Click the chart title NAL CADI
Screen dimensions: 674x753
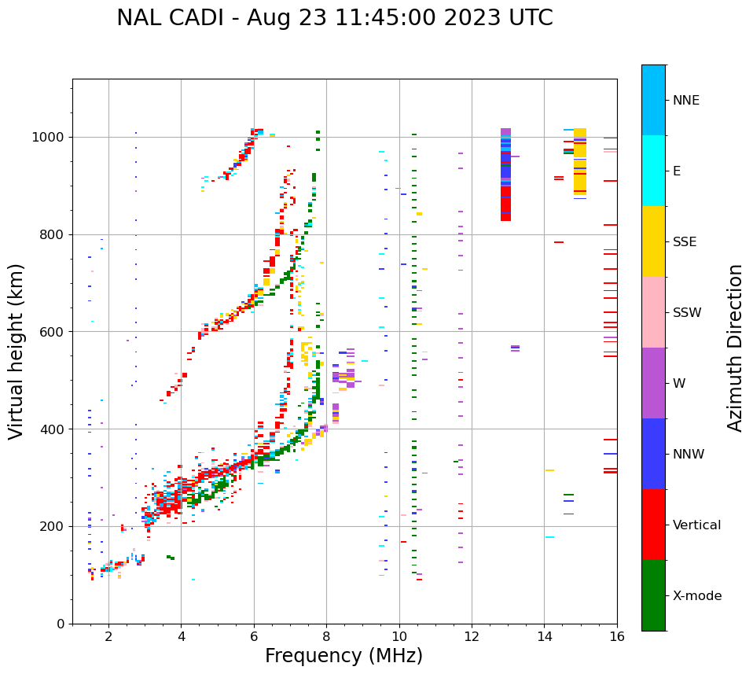[334, 18]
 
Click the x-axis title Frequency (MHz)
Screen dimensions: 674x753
[343, 656]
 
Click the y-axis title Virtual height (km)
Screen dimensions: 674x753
[17, 351]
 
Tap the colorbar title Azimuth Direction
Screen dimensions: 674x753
[735, 348]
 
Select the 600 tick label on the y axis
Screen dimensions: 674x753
[55, 332]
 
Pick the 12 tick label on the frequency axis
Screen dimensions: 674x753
[472, 636]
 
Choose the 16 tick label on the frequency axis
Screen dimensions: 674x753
[617, 636]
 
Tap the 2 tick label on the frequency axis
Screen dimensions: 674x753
[108, 636]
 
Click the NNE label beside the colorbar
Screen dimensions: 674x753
[685, 101]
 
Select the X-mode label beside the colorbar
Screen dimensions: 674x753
[696, 596]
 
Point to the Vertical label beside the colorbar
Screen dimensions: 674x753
[696, 525]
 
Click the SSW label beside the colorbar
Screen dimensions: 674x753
[687, 313]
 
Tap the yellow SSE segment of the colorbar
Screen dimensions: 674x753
[653, 241]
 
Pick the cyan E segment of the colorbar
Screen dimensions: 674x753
[653, 171]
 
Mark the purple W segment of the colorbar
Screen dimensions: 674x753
[653, 383]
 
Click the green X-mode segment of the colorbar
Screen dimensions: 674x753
[653, 595]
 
